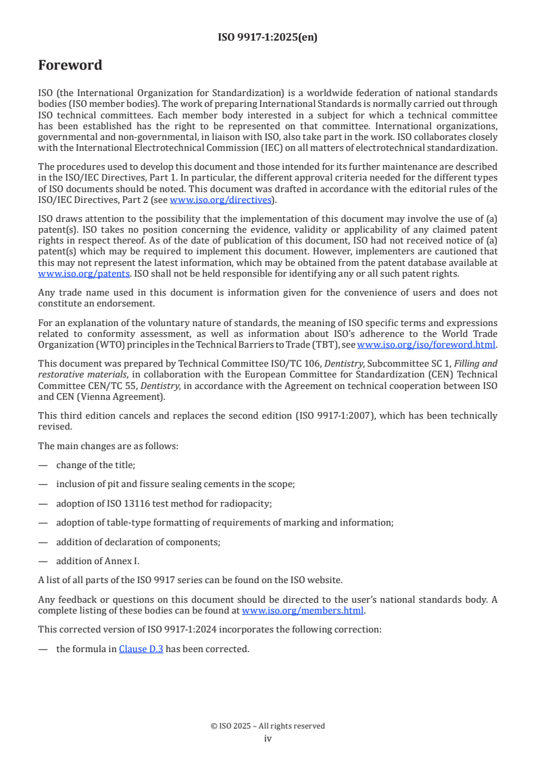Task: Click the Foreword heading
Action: pos(70,66)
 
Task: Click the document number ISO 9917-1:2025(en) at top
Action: pos(268,38)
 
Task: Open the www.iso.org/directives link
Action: pos(220,200)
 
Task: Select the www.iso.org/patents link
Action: pos(67,273)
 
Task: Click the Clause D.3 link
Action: pos(141,649)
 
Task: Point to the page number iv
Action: pos(268,738)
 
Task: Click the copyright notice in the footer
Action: pos(268,726)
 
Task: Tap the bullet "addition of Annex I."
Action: pos(97,561)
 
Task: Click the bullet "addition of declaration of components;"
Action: pos(138,542)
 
